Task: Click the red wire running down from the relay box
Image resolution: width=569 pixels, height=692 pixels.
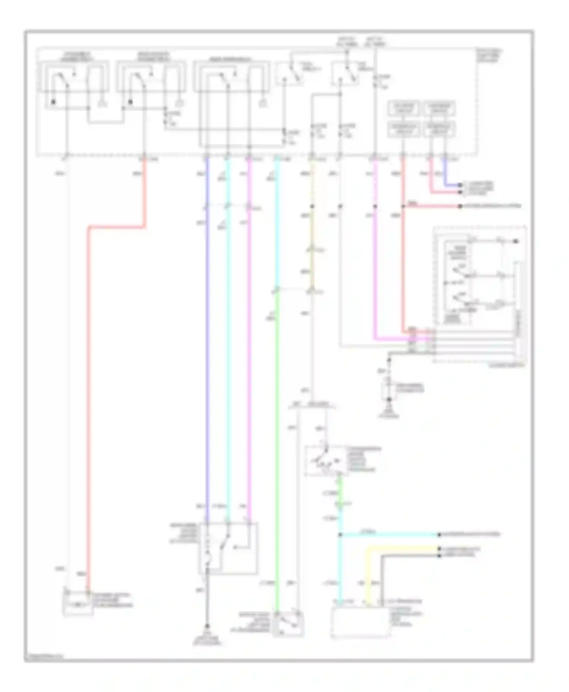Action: point(88,379)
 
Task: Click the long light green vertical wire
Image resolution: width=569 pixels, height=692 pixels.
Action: point(277,455)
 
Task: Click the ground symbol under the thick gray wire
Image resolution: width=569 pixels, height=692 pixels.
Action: point(207,626)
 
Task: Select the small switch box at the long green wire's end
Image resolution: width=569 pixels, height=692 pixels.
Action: point(290,625)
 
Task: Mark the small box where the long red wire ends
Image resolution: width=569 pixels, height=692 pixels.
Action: point(78,603)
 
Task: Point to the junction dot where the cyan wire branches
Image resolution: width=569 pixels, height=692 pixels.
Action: point(340,535)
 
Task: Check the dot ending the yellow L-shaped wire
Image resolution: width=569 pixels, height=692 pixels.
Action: point(439,549)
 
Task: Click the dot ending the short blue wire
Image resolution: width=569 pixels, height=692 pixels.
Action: point(460,185)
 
